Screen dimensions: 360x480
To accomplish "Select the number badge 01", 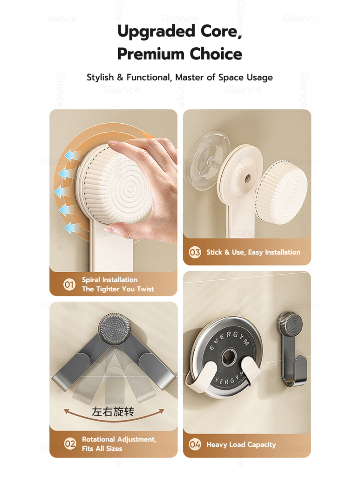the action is click(x=69, y=285).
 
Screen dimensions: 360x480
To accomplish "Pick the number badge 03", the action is click(x=195, y=252).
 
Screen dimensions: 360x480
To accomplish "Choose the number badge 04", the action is click(x=195, y=444).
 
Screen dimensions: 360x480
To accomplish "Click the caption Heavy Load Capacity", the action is click(x=241, y=445).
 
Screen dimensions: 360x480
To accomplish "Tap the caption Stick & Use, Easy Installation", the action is click(x=253, y=252).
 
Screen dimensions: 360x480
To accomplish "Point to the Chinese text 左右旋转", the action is click(x=113, y=411).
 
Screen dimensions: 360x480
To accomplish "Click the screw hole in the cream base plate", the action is click(x=247, y=177).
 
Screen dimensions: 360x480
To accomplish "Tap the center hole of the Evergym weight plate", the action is click(x=229, y=358).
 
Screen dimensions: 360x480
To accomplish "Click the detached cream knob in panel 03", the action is click(x=281, y=192).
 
